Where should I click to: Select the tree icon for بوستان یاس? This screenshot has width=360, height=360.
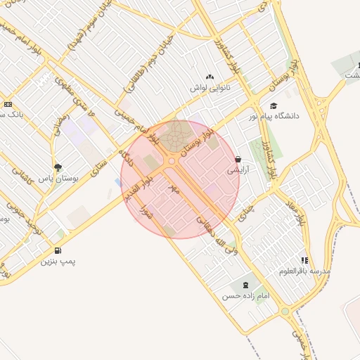(56, 167)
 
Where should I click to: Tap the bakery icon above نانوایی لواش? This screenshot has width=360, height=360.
(209, 77)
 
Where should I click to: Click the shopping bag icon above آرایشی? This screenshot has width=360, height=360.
(238, 160)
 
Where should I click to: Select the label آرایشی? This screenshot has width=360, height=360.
(238, 170)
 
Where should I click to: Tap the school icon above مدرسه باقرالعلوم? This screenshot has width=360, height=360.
(304, 260)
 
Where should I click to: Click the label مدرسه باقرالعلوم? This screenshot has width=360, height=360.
(304, 271)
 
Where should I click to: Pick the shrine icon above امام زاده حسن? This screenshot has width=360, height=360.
(245, 285)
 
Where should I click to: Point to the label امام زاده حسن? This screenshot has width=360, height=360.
(246, 296)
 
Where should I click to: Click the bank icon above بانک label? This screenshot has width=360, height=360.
(8, 103)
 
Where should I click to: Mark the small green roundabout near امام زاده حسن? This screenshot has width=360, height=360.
(285, 310)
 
